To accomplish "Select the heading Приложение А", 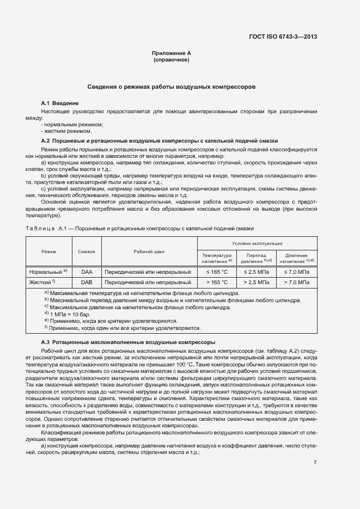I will click(172, 53).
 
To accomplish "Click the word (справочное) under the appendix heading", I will click(172, 60).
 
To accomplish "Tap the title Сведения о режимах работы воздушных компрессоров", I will click(172, 87).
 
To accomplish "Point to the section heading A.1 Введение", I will click(60, 103).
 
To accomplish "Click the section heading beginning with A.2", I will click(160, 140).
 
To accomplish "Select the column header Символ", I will click(87, 252).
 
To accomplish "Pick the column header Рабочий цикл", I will click(149, 252).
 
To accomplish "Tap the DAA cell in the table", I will click(87, 271).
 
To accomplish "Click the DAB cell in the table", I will click(87, 283).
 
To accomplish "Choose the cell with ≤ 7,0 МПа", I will click(296, 271).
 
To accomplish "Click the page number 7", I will click(315, 463).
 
